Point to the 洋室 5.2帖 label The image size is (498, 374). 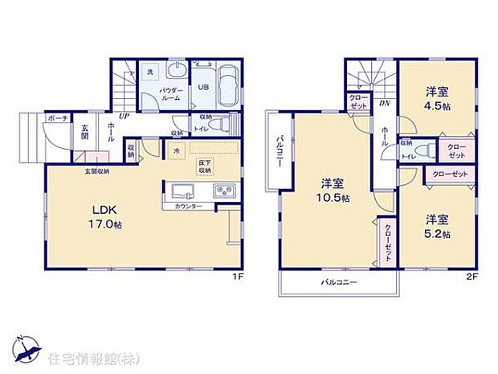(438, 225)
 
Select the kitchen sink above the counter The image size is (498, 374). (181, 191)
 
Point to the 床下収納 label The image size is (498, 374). (205, 167)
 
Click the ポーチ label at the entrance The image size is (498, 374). (56, 117)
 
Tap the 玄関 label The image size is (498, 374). (84, 133)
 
